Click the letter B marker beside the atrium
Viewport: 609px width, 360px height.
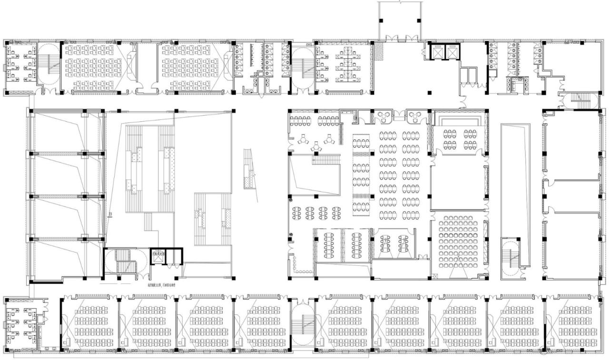[110, 214]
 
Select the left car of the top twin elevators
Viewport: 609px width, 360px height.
[437, 52]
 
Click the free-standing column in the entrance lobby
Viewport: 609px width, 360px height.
[430, 92]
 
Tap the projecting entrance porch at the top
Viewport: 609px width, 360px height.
[400, 21]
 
